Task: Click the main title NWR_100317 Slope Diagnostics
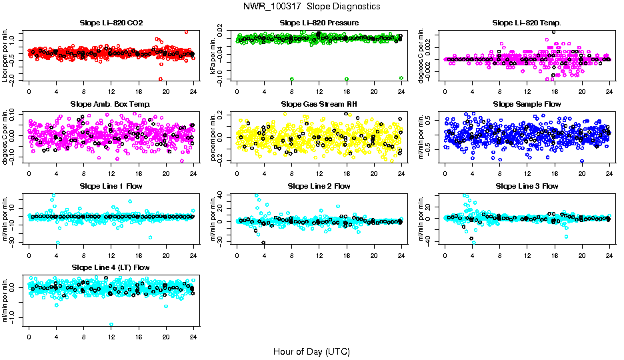pyautogui.click(x=311, y=6)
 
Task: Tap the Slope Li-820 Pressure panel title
pyautogui.click(x=319, y=23)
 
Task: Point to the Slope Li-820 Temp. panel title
pyautogui.click(x=527, y=23)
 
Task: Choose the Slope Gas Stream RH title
pyautogui.click(x=319, y=105)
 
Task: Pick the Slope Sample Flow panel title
pyautogui.click(x=527, y=105)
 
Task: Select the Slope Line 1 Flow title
pyautogui.click(x=111, y=186)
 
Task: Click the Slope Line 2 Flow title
pyautogui.click(x=319, y=186)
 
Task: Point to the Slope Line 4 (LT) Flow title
pyautogui.click(x=111, y=267)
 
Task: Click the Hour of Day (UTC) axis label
pyautogui.click(x=311, y=351)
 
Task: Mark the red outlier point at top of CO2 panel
pyautogui.click(x=186, y=32)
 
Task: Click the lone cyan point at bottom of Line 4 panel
pyautogui.click(x=111, y=324)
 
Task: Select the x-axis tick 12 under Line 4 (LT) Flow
pyautogui.click(x=111, y=336)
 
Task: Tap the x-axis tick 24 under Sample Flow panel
pyautogui.click(x=609, y=173)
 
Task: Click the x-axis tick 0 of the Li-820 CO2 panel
pyautogui.click(x=29, y=92)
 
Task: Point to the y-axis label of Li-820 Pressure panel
pyautogui.click(x=215, y=55)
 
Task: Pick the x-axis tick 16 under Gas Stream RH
pyautogui.click(x=347, y=173)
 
